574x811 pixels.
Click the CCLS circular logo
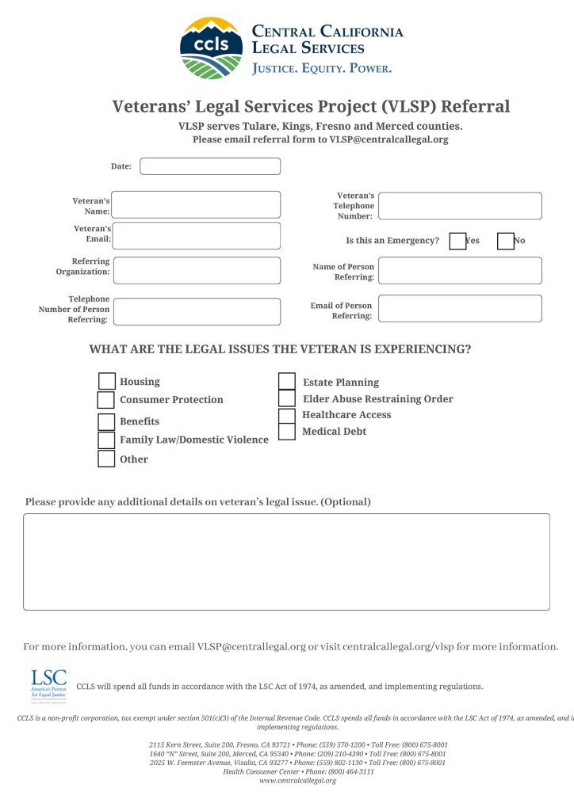(x=211, y=48)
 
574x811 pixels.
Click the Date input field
(x=210, y=166)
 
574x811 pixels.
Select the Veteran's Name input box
(x=197, y=204)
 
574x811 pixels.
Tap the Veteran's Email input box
(x=197, y=236)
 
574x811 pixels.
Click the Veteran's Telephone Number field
(x=460, y=206)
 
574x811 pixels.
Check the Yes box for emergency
(x=457, y=241)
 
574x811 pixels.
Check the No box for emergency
(x=506, y=241)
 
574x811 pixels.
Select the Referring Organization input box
(x=197, y=270)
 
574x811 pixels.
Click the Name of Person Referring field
(x=460, y=270)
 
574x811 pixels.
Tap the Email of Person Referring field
(x=460, y=309)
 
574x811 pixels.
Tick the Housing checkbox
(x=106, y=382)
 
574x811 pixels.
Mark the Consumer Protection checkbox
(x=106, y=400)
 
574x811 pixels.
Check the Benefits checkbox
(x=106, y=422)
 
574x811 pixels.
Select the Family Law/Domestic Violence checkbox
(x=106, y=440)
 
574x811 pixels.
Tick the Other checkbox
(x=106, y=459)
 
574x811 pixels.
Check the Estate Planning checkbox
(x=287, y=382)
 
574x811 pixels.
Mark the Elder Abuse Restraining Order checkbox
(x=287, y=398)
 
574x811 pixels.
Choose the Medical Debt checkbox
(x=287, y=432)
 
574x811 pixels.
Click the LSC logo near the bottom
(x=48, y=685)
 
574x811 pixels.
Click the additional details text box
(x=286, y=562)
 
